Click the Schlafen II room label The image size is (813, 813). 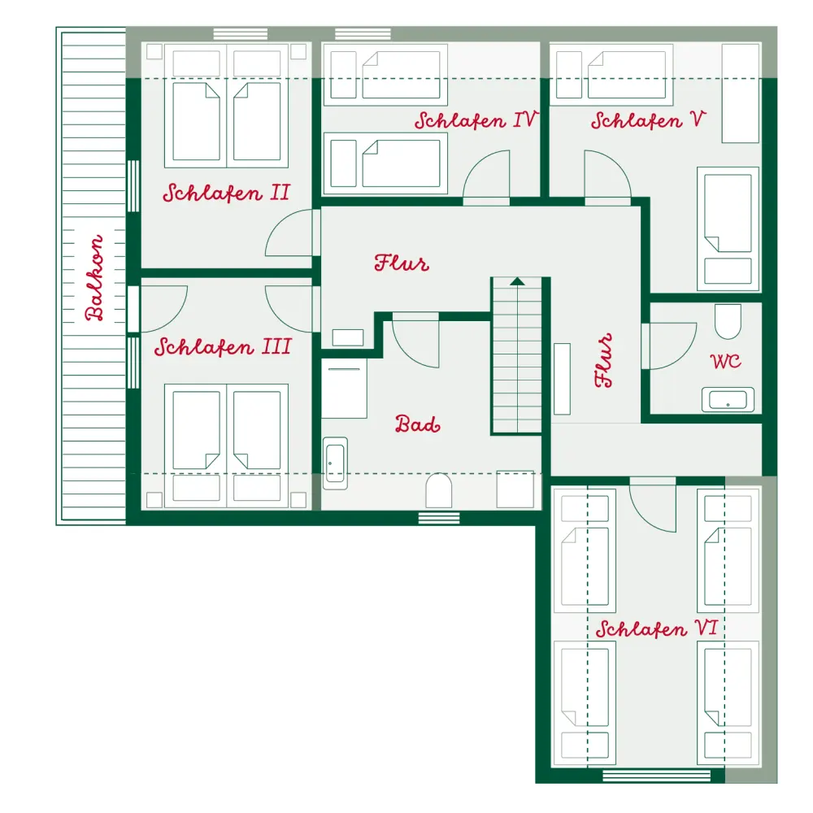(226, 193)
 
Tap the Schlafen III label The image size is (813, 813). (223, 346)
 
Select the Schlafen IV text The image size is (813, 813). (475, 120)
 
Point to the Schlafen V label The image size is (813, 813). (648, 120)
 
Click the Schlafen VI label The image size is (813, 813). (656, 628)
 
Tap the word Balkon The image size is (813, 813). (94, 278)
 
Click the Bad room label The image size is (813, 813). (417, 424)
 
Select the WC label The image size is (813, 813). (725, 361)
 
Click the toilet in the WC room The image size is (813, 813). (728, 321)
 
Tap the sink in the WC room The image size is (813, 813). (728, 400)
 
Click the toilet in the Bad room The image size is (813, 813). (439, 490)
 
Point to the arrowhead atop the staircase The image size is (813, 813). (517, 281)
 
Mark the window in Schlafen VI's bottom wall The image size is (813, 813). (656, 776)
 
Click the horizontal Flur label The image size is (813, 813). (402, 263)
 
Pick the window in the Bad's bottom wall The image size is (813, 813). (439, 517)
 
